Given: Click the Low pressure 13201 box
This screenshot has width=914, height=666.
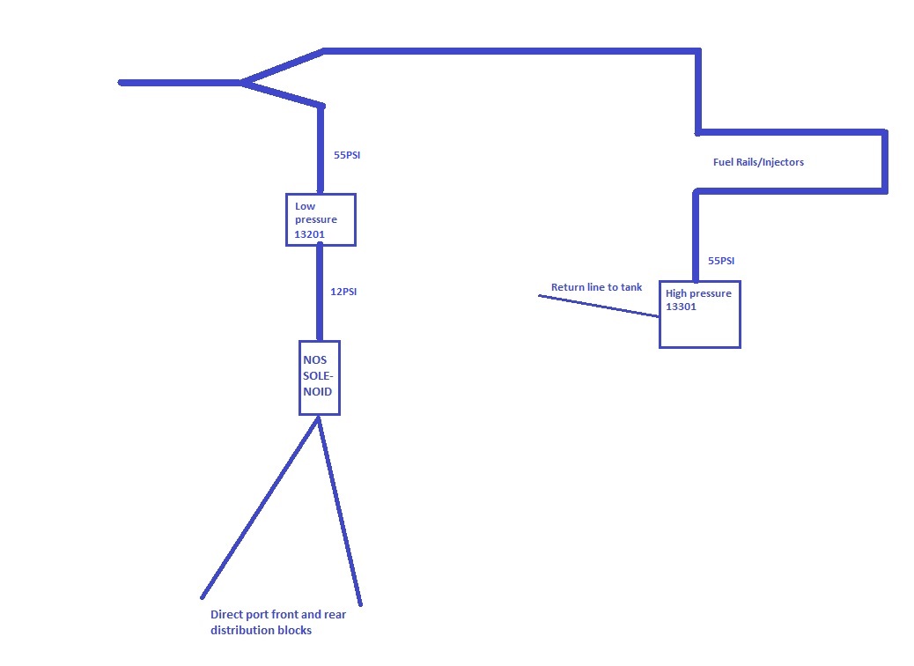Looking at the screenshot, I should pos(321,219).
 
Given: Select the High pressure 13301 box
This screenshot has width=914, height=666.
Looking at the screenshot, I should pos(699,314).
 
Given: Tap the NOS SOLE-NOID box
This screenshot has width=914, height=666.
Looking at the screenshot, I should pos(319,377).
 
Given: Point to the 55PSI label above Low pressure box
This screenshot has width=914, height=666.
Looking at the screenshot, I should pos(347,156).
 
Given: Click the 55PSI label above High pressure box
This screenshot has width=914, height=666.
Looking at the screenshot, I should pos(721,261).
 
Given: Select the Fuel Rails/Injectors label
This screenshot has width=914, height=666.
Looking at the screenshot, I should pos(758,162).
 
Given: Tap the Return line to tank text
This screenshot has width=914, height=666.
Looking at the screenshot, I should pos(596,287).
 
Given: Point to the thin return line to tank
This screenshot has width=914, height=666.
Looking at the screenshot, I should pos(599,306).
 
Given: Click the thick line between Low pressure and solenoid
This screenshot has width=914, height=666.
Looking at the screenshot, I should pos(321,292).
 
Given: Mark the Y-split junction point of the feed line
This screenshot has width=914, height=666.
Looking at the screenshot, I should pos(242,83).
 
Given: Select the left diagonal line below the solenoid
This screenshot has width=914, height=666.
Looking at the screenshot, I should pos(260,507).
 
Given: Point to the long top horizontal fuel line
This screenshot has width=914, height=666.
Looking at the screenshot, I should pos(511,50).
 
